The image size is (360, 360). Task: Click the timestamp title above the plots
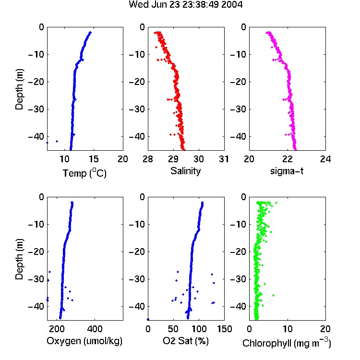coord(185,4)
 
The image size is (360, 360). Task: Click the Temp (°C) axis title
coord(84,173)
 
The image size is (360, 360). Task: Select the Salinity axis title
coord(185,171)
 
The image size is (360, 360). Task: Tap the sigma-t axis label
coord(287,171)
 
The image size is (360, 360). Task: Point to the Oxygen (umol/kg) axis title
coord(84,341)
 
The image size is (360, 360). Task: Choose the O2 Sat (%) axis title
coord(186,341)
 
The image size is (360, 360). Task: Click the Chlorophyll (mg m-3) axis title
coord(287,343)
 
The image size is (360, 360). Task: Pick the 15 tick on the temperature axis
coord(94,159)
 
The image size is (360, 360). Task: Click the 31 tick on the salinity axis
coord(224,159)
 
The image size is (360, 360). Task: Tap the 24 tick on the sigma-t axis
coord(325,159)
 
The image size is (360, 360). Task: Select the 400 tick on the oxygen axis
coord(95,329)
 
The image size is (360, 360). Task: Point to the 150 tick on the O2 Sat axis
coord(224,329)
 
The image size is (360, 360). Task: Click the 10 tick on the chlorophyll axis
coord(288,329)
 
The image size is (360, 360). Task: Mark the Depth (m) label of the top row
coord(20,89)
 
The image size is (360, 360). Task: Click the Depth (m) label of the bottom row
coord(20,259)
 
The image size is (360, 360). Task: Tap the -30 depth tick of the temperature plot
coord(36,109)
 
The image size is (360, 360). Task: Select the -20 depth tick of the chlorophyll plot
coord(238,252)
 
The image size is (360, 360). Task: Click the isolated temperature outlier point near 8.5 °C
coord(57,141)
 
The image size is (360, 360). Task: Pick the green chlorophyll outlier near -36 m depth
coord(273,295)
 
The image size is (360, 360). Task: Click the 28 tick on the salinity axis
coord(148,159)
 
